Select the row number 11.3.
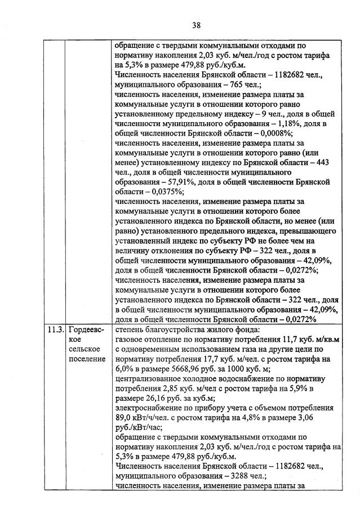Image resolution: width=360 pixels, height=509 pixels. click(x=55, y=329)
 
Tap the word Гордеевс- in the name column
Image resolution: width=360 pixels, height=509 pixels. click(x=85, y=329)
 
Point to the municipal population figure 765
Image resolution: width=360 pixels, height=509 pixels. click(x=213, y=83)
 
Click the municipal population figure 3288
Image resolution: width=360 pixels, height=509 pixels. click(x=215, y=475)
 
